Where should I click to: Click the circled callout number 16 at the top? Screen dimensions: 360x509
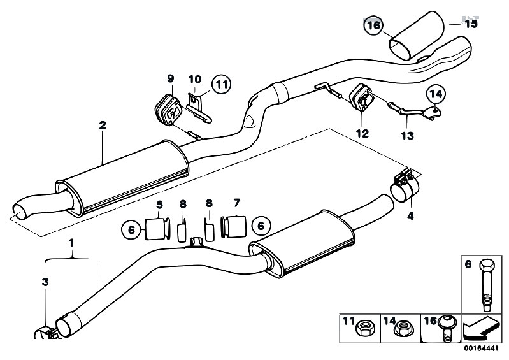pyautogui.click(x=373, y=25)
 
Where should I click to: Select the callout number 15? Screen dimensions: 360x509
pyautogui.click(x=470, y=24)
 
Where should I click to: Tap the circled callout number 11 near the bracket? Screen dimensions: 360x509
pyautogui.click(x=220, y=83)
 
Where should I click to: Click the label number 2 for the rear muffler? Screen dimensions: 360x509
pyautogui.click(x=103, y=126)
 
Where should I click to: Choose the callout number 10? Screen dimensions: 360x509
pyautogui.click(x=194, y=79)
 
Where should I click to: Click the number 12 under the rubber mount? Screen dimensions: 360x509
pyautogui.click(x=362, y=134)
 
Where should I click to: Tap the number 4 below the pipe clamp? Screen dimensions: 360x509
pyautogui.click(x=410, y=216)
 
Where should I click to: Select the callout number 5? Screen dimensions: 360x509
pyautogui.click(x=160, y=204)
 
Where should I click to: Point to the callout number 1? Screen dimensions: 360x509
pyautogui.click(x=72, y=243)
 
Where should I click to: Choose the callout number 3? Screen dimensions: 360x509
pyautogui.click(x=45, y=281)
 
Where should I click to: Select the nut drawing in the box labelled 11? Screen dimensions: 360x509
pyautogui.click(x=368, y=329)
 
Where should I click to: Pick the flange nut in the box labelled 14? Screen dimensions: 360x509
pyautogui.click(x=401, y=329)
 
